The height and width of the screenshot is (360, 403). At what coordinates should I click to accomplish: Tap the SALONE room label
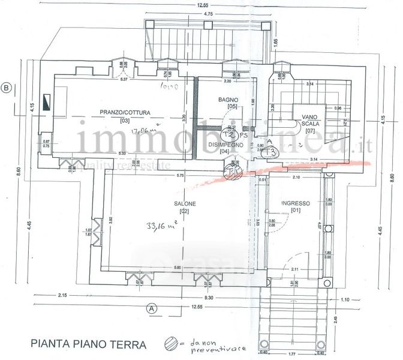(182, 203)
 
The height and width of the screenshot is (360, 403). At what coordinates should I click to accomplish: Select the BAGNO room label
(228, 100)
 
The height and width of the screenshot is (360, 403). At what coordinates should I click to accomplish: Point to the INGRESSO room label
(294, 203)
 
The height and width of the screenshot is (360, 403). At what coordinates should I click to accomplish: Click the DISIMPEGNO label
(225, 145)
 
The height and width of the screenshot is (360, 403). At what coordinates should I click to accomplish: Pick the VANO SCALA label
(310, 123)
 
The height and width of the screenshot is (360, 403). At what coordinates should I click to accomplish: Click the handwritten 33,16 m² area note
(161, 226)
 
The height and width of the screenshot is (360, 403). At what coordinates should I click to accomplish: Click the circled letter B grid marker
(7, 88)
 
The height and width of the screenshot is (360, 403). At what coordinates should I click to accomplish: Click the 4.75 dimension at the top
(209, 13)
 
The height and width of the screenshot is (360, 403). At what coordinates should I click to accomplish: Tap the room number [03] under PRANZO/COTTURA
(125, 121)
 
